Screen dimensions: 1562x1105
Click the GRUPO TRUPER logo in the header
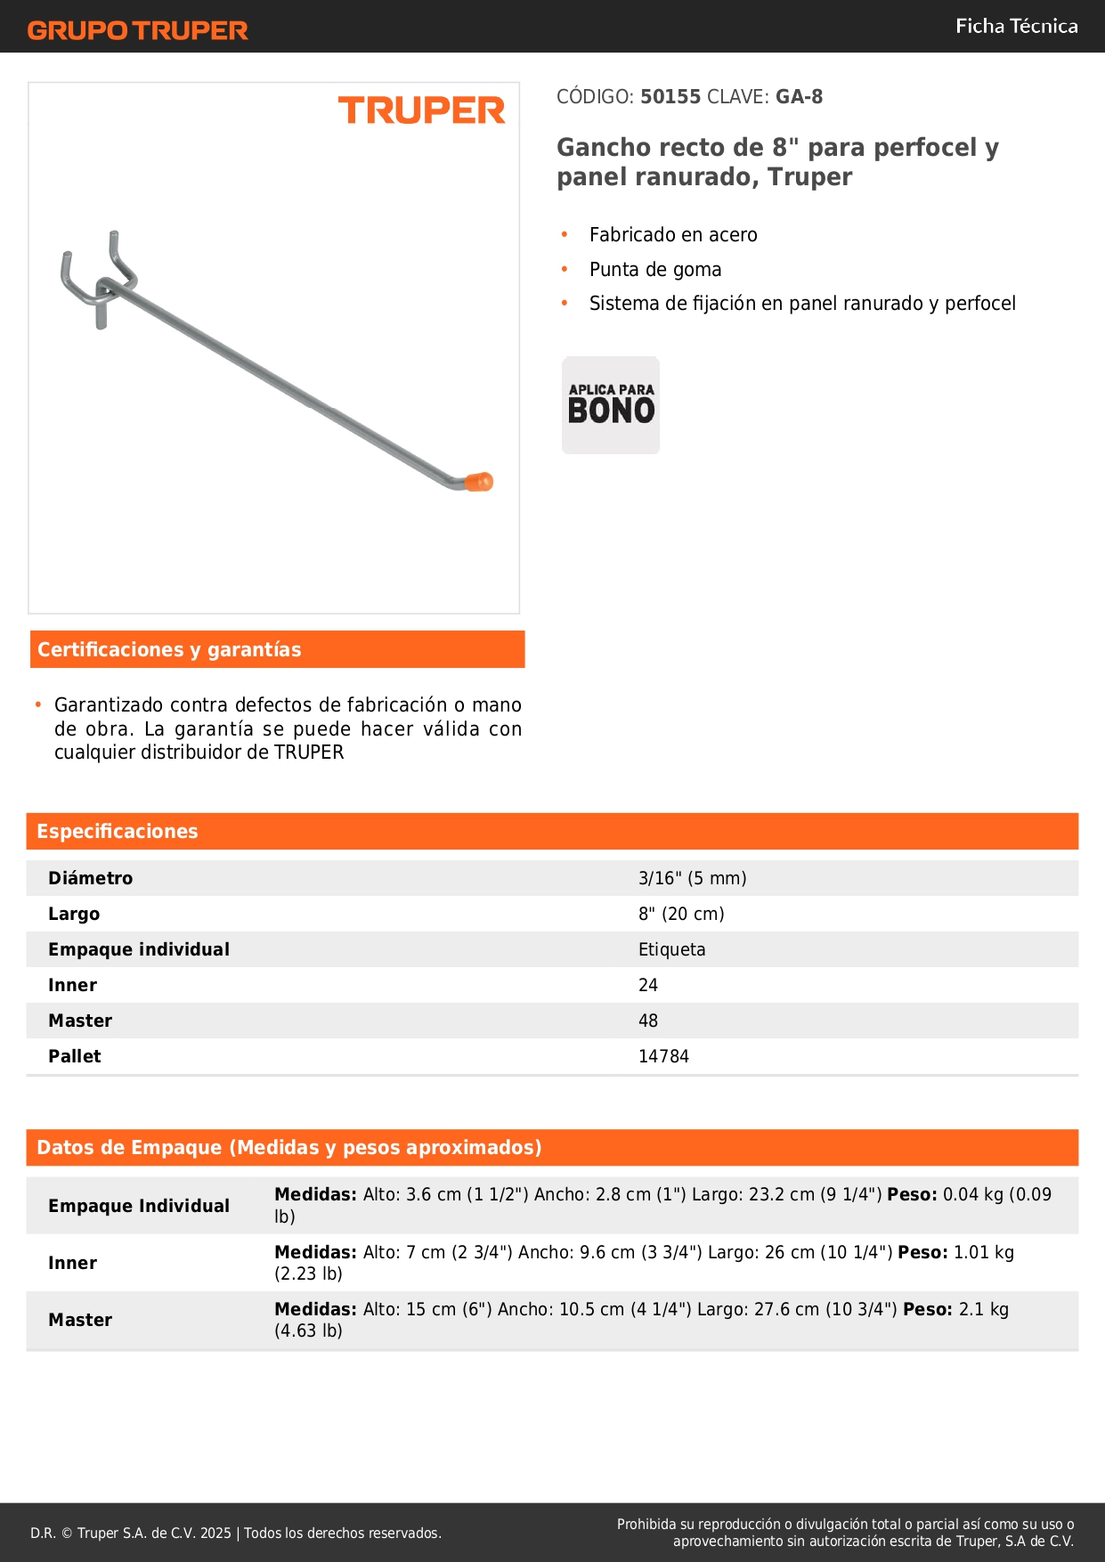(138, 30)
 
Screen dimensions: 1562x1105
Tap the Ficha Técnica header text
(1016, 26)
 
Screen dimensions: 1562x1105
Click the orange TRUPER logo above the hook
(421, 110)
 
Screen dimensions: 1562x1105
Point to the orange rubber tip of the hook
(479, 482)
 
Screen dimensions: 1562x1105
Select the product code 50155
(670, 97)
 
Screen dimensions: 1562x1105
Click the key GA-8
(799, 97)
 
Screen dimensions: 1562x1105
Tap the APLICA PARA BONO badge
(611, 405)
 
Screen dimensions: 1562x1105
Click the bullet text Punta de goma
(655, 270)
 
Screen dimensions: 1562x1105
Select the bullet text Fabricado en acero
(673, 235)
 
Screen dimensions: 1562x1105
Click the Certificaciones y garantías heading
(169, 650)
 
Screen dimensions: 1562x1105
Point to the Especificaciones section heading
(118, 832)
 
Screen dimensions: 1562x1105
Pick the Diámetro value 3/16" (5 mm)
(692, 879)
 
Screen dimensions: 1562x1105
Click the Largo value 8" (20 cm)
(681, 915)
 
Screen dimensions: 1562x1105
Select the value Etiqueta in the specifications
(671, 950)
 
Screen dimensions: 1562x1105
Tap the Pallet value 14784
(663, 1057)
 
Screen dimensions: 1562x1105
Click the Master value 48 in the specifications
(648, 1021)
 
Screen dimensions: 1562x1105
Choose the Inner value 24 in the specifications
(648, 986)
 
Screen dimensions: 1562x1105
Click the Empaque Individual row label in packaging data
(139, 1207)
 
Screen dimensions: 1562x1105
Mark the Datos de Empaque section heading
(289, 1148)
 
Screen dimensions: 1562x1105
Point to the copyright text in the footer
(236, 1534)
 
